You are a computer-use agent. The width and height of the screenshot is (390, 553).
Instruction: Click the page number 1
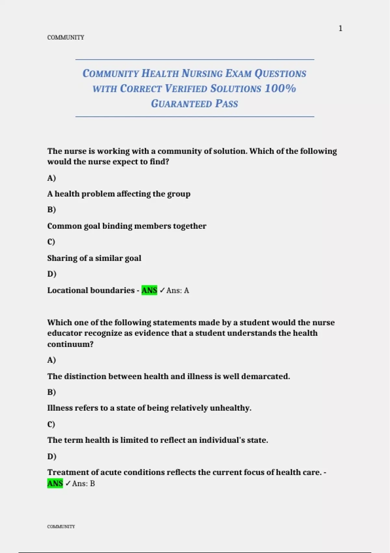pos(340,29)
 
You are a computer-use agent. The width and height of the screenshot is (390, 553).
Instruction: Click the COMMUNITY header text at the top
pos(66,37)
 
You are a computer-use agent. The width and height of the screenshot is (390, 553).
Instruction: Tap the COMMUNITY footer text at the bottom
pos(61,526)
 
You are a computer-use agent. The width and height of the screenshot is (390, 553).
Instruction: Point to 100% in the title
pos(280,88)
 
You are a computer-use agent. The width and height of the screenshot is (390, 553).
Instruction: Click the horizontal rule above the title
pos(195,60)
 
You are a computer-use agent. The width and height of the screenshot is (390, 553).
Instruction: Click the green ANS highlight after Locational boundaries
pos(149,290)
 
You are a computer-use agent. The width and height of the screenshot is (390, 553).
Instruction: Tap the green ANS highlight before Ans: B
pos(55,483)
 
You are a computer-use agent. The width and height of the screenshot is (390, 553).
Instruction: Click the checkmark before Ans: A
pos(162,290)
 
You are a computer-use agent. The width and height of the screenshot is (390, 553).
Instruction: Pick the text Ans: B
pos(84,483)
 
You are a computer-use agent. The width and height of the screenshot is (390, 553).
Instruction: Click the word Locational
pos(68,290)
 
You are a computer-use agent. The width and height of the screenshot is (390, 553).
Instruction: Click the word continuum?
pos(70,344)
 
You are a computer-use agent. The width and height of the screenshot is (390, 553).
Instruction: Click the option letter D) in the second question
pos(52,456)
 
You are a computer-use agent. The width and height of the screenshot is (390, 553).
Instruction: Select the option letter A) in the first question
pos(52,178)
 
